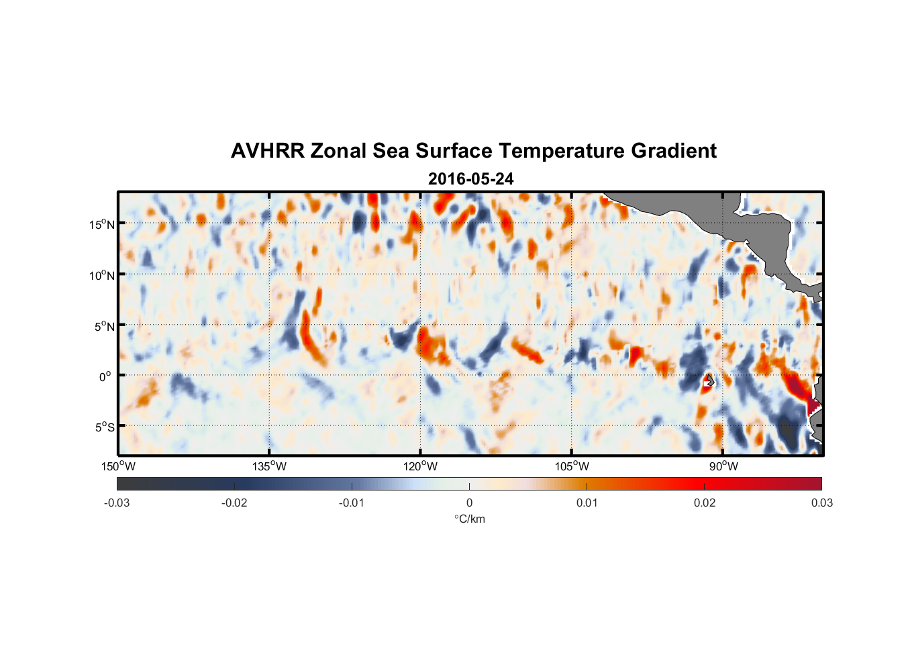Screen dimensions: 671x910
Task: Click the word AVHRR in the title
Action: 267,151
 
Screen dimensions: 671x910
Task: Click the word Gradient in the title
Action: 674,151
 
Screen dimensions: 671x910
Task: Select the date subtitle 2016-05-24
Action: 470,179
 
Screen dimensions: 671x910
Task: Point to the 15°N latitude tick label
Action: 102,224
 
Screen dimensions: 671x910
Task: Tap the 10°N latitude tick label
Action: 102,275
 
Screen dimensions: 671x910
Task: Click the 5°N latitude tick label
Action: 105,326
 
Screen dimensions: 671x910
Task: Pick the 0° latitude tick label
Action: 105,376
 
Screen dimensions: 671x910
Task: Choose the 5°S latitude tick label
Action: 105,427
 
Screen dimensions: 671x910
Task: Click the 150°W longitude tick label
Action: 118,466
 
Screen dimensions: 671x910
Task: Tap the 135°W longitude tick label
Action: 269,466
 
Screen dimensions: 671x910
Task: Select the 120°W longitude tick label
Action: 421,466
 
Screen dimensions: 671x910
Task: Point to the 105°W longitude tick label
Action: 572,466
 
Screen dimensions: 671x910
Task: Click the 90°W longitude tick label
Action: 723,466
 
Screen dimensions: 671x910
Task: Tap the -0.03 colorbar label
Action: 117,503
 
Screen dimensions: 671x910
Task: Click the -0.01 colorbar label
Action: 352,503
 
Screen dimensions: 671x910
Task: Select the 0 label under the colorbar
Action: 469,503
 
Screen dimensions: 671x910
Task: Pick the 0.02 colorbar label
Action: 705,503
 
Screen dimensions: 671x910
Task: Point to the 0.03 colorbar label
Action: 821,503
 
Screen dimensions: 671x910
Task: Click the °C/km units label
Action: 469,519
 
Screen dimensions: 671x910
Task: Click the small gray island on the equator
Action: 709,380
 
